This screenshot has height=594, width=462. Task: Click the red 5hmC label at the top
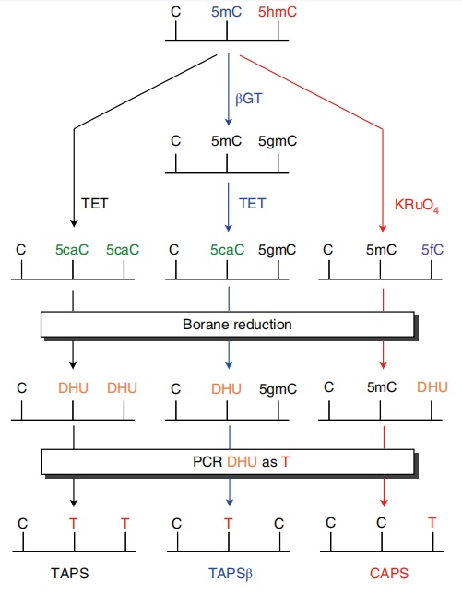tap(278, 12)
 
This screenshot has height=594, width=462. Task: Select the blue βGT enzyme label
tap(248, 99)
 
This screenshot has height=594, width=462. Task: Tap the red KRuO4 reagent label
tap(417, 205)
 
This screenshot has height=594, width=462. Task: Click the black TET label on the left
tap(95, 204)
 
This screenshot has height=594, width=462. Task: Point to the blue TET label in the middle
tap(252, 204)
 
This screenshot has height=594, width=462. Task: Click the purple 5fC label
tap(432, 250)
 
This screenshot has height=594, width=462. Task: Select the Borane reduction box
tap(228, 325)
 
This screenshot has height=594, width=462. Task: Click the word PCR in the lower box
tap(207, 462)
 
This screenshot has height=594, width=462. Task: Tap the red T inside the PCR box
tap(285, 462)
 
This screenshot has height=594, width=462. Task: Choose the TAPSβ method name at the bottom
tap(231, 574)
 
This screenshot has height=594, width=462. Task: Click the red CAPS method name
tap(389, 573)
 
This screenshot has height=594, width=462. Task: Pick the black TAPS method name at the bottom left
tap(70, 573)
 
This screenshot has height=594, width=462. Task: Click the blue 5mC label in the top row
tap(226, 12)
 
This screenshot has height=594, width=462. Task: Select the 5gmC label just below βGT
tap(278, 141)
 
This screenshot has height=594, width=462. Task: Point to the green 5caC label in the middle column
tap(227, 250)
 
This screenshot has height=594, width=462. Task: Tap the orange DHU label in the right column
tap(432, 387)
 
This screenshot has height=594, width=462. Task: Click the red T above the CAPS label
tap(432, 523)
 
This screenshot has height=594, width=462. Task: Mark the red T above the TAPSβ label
tap(228, 523)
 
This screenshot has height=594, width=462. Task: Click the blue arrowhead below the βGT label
tap(229, 122)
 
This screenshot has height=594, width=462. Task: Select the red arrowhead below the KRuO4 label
tap(383, 229)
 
